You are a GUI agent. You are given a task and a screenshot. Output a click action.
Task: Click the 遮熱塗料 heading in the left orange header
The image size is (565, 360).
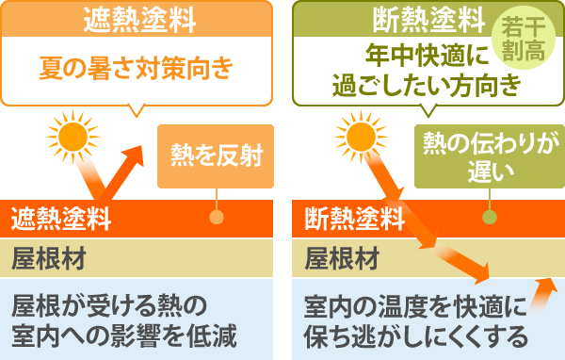(x=137, y=18)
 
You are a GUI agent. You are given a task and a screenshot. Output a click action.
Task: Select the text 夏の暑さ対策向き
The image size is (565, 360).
(x=136, y=69)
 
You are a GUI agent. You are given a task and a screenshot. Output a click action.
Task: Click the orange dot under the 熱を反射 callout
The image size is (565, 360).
(x=217, y=216)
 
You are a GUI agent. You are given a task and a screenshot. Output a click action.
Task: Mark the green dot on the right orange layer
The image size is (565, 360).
(x=489, y=216)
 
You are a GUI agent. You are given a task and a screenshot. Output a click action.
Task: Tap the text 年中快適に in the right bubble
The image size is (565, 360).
(x=415, y=56)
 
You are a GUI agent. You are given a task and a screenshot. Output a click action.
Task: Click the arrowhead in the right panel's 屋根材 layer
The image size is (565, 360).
(x=482, y=272)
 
